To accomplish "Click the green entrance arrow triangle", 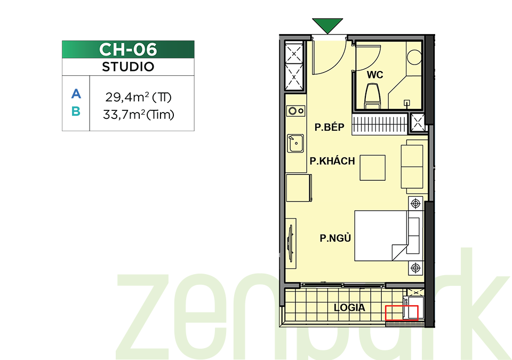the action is pos(327,25).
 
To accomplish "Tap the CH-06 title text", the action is pos(128,50).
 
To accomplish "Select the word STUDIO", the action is pos(128,67).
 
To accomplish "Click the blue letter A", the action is pos(76,94).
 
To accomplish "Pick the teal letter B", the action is pos(76,111).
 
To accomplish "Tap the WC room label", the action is pos(375,75).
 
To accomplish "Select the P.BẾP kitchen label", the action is pos(330,127).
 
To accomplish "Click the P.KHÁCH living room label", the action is pos(332,161).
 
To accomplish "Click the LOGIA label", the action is pos(349,307).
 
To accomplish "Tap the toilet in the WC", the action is pos(373,95).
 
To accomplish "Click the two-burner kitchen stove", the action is pos(296,111).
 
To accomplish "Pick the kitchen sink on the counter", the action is pos(295,143).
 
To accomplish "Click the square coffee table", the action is pos(373,168).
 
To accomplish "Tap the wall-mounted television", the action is pos(290,243).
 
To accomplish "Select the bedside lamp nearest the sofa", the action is pos(415,204).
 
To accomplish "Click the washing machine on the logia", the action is pos(413,308).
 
